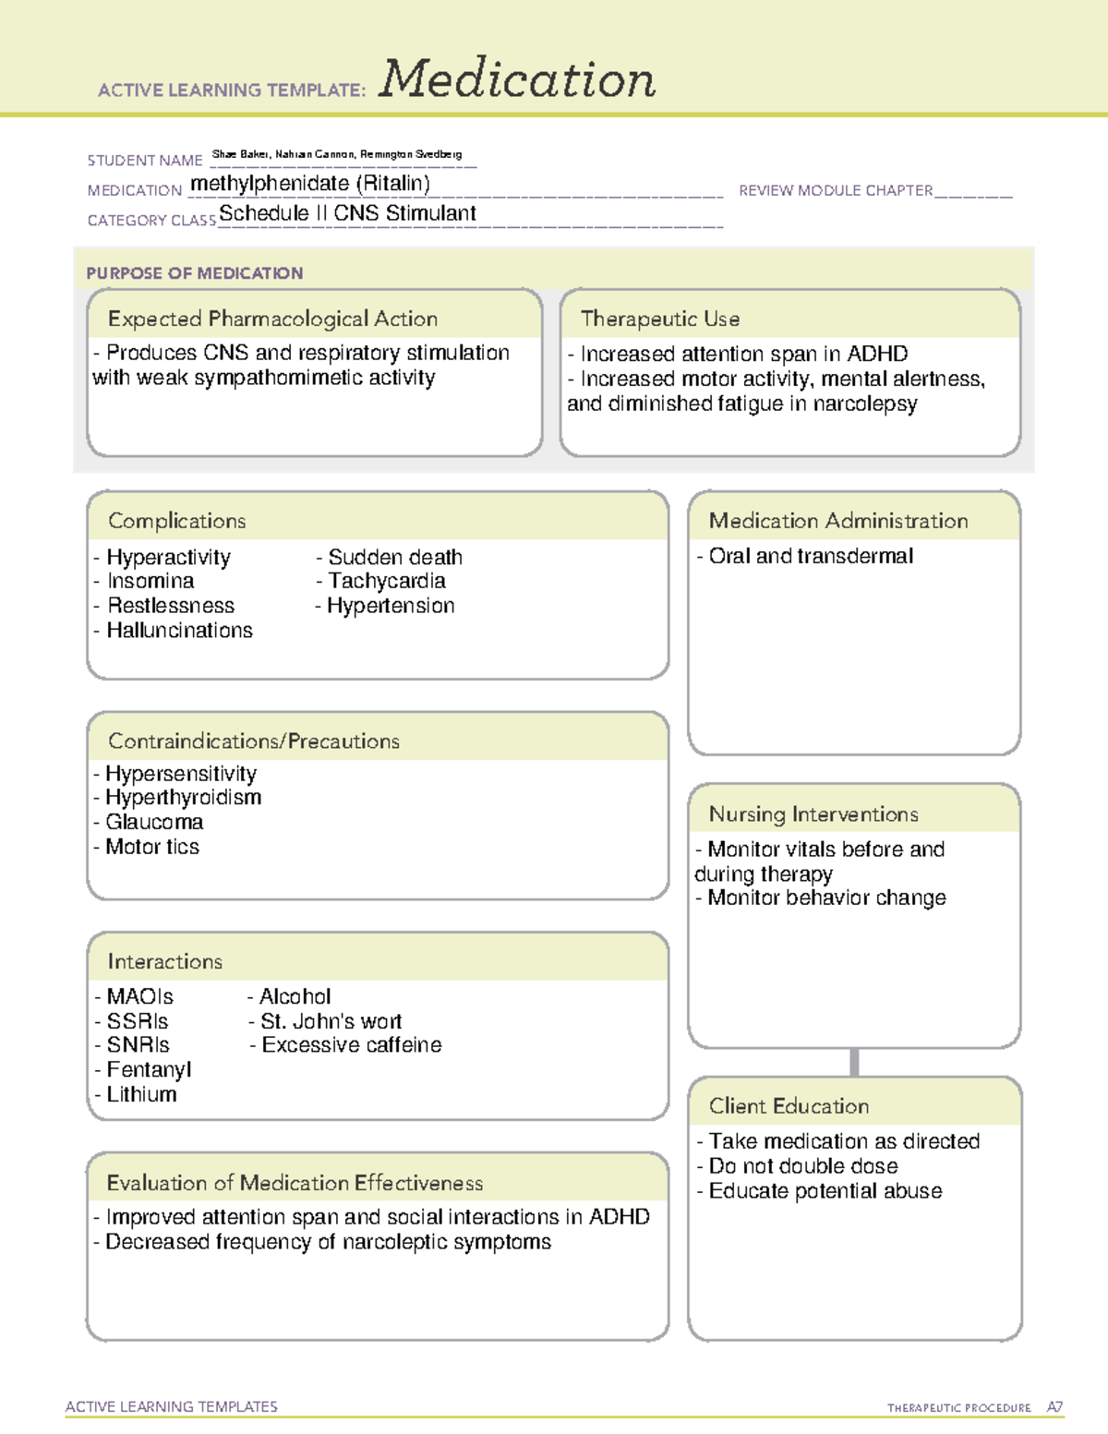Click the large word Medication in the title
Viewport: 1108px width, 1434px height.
click(517, 79)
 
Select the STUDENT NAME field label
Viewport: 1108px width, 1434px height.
click(145, 161)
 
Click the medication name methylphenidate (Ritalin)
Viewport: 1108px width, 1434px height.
click(310, 184)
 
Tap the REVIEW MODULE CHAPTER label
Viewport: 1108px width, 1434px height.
click(836, 191)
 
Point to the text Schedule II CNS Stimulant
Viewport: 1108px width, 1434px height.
click(347, 214)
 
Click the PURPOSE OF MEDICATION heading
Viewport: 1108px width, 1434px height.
click(194, 273)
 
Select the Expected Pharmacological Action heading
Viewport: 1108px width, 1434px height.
click(272, 319)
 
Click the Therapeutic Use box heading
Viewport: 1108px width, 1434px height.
click(659, 319)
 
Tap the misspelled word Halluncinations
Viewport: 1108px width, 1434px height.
click(179, 631)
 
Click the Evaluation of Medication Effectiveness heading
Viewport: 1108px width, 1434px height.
click(295, 1183)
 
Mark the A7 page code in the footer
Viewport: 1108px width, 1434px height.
click(1054, 1407)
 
